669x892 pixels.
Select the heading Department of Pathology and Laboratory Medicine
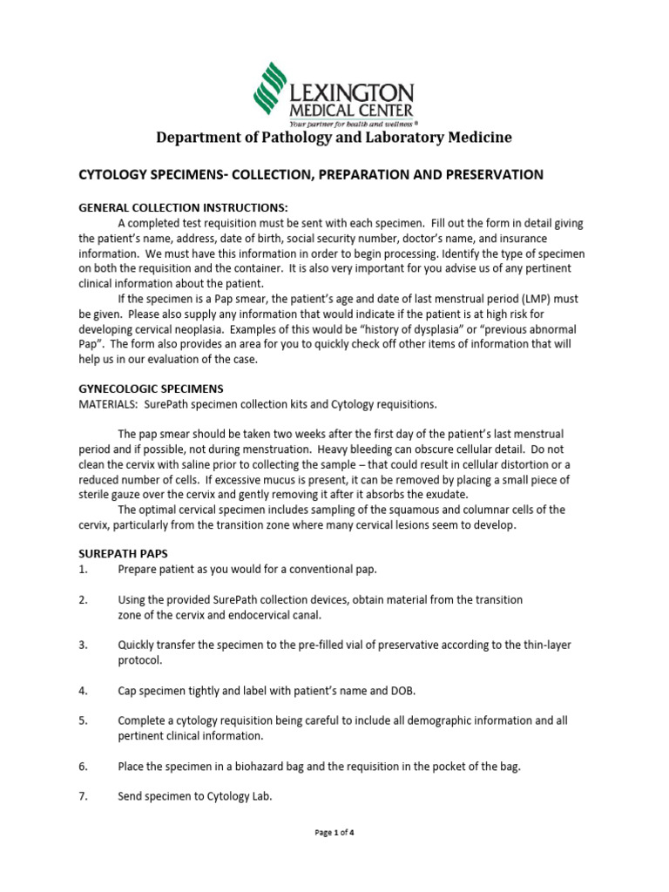[334, 138]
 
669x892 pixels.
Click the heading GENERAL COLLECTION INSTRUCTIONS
[183, 207]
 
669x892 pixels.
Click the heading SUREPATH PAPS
[122, 554]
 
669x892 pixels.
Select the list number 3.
[84, 645]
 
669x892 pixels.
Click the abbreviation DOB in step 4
[402, 691]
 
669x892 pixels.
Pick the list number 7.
[84, 796]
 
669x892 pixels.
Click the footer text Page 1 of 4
[334, 833]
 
